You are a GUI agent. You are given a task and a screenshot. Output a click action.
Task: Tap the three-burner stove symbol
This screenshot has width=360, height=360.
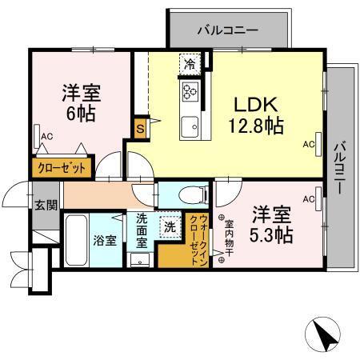190,91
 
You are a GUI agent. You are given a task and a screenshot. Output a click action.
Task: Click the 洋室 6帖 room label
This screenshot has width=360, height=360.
80,104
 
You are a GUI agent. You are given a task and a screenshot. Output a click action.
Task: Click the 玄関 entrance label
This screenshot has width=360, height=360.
46,204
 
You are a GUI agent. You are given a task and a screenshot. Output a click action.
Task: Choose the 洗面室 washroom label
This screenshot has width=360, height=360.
141,230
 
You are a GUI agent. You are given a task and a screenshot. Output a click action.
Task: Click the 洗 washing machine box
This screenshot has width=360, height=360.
170,226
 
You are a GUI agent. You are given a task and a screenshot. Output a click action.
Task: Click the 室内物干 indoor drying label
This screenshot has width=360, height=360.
228,238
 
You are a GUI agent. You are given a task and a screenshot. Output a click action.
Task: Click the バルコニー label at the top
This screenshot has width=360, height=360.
227,31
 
